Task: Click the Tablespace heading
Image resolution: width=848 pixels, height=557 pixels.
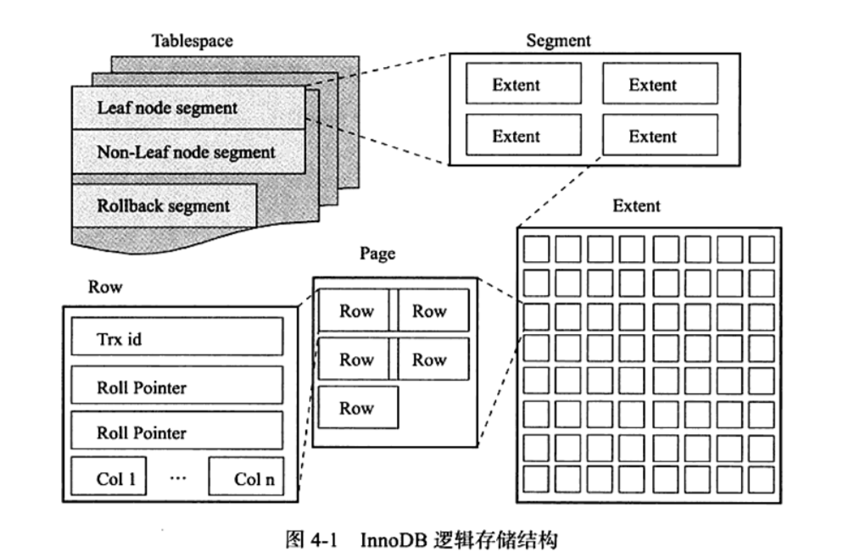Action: click(x=192, y=40)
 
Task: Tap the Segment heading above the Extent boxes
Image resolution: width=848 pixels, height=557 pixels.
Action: click(x=558, y=40)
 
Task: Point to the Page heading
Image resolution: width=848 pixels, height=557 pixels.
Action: click(x=377, y=253)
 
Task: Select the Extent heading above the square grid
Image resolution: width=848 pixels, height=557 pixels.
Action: click(x=636, y=206)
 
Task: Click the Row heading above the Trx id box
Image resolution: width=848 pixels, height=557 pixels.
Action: click(x=105, y=287)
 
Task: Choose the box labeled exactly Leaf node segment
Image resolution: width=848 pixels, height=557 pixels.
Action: click(x=188, y=109)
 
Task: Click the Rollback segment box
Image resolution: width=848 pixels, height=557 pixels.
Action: click(x=164, y=205)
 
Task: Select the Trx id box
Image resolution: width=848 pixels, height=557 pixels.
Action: click(x=176, y=339)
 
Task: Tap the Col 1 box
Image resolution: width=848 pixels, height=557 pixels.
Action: click(x=109, y=479)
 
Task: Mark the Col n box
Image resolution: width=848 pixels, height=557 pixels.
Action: click(x=246, y=479)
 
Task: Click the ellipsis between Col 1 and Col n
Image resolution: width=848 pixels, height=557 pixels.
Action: click(x=176, y=478)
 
